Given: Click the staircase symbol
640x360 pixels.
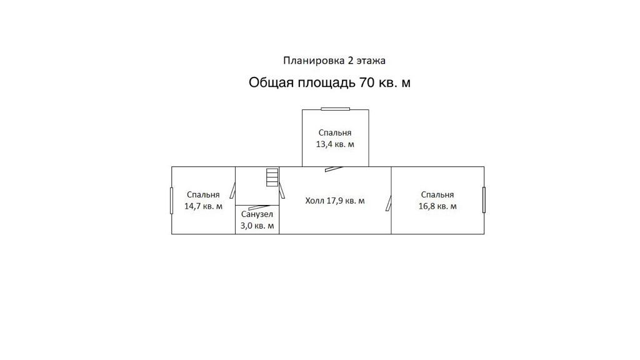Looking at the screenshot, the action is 271,177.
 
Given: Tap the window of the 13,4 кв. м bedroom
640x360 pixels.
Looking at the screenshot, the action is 335,109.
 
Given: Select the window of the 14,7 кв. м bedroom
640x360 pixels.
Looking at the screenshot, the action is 172,200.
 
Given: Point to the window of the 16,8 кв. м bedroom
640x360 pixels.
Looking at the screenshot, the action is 484,200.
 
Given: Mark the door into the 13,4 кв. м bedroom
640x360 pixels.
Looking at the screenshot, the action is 334,167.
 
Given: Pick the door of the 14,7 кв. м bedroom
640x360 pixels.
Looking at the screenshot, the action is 232,189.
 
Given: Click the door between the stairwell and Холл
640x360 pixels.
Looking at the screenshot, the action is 282,189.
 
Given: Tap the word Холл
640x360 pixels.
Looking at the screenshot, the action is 315,201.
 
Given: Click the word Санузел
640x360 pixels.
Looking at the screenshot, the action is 257,214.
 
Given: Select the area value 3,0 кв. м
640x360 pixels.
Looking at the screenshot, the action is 257,226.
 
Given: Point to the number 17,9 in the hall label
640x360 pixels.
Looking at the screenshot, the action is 337,201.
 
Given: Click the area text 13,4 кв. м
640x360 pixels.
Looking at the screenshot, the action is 335,144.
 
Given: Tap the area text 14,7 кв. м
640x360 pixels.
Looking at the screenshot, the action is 203,206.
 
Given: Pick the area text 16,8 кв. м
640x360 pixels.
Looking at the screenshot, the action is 437,206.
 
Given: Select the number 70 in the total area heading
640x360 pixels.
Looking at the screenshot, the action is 366,82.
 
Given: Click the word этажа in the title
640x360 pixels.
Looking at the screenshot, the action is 371,61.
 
